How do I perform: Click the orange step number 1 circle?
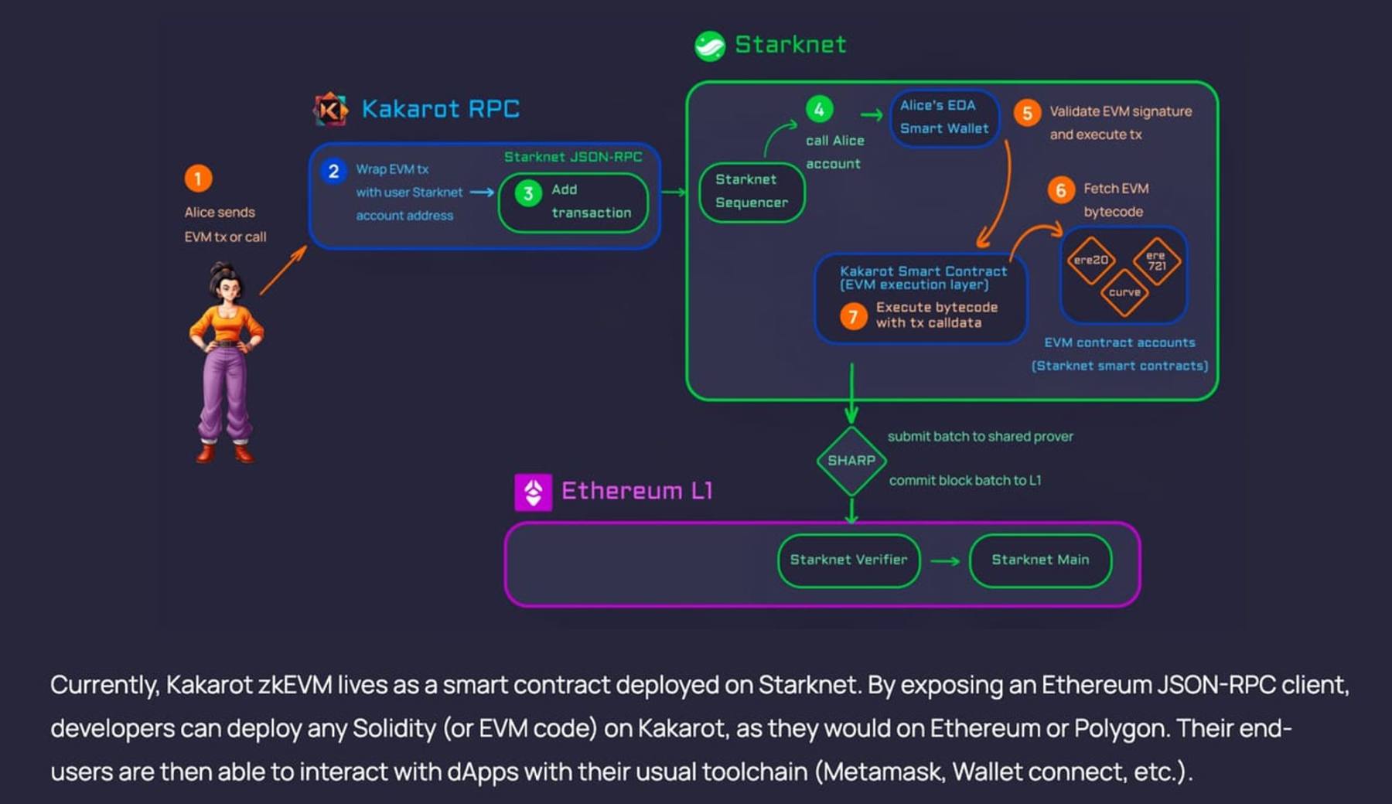point(198,179)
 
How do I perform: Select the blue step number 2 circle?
point(333,171)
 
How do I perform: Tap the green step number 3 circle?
point(528,193)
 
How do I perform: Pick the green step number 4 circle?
point(820,109)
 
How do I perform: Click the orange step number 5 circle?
point(1027,113)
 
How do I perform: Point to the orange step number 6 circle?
point(1061,190)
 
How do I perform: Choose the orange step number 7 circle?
point(853,316)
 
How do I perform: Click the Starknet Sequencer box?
point(752,192)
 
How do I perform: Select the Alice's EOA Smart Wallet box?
point(944,118)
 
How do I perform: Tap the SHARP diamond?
point(851,461)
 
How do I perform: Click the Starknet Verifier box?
point(848,560)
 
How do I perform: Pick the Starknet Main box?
point(1040,560)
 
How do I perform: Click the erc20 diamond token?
point(1090,261)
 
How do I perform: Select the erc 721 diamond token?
point(1156,261)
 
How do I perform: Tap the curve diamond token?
point(1124,293)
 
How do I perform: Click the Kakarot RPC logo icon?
point(331,109)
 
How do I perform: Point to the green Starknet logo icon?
point(710,46)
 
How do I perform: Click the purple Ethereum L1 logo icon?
point(534,492)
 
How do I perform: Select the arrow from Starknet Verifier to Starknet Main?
point(944,560)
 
